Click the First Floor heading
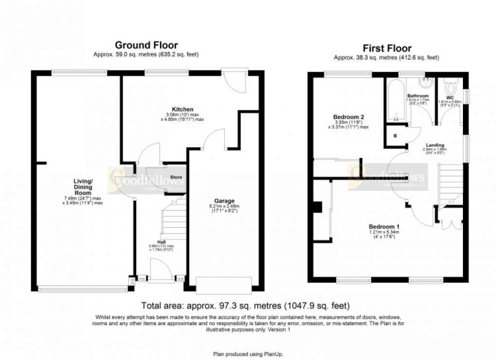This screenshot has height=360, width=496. [387, 48]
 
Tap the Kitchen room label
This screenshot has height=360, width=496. [169, 109]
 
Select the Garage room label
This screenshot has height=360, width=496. [225, 201]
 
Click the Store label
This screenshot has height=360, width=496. [175, 177]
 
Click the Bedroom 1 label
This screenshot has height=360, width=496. [384, 227]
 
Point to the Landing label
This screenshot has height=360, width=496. [434, 145]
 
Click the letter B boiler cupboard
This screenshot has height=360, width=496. [395, 136]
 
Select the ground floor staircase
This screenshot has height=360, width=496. [174, 219]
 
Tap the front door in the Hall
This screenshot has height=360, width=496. [161, 270]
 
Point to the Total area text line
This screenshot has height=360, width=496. [245, 306]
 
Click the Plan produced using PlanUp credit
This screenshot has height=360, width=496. [248, 354]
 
